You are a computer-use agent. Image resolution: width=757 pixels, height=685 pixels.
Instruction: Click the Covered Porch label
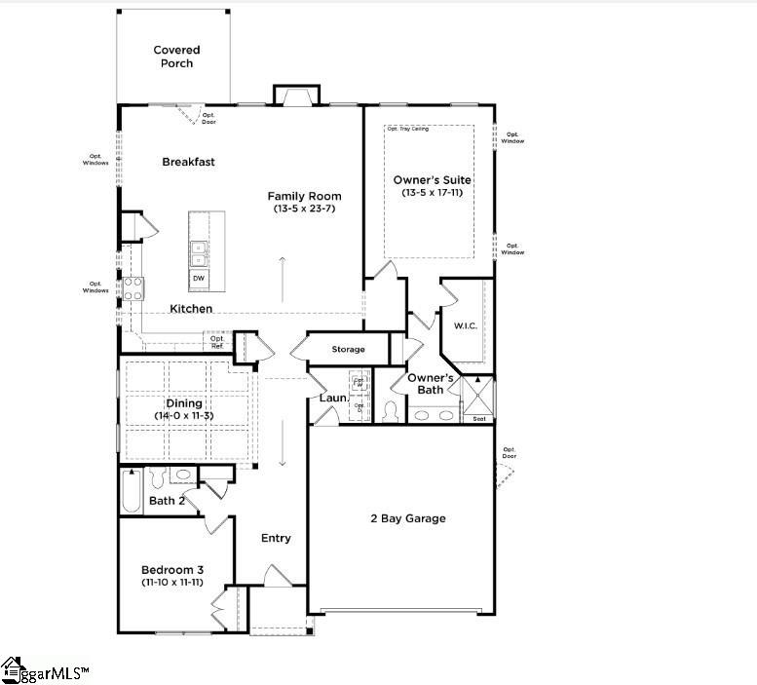tap(175, 57)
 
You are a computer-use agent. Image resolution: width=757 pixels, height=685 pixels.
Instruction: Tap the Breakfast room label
tap(188, 162)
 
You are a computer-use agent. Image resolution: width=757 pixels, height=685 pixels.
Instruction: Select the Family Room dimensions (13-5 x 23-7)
tap(304, 209)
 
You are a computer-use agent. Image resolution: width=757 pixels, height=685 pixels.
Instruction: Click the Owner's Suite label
tap(432, 180)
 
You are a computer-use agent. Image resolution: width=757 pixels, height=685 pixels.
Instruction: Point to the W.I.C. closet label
tap(464, 325)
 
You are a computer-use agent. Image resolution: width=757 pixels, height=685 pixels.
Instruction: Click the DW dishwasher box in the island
tap(199, 279)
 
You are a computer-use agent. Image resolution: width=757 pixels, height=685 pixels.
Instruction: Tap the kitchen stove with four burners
tap(132, 288)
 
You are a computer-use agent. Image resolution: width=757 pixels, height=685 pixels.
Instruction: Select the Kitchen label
tap(191, 309)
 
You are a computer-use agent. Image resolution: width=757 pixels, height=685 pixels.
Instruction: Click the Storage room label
tap(348, 349)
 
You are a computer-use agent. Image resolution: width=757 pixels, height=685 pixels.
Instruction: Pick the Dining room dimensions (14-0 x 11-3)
tap(183, 416)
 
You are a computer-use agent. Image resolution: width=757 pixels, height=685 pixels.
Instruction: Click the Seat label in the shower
tap(478, 419)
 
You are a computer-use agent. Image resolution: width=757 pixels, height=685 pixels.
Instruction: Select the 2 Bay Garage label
tap(407, 518)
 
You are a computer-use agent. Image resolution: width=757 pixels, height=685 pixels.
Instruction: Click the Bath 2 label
tap(167, 501)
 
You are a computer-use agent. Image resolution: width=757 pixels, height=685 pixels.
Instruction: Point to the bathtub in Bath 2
tap(131, 491)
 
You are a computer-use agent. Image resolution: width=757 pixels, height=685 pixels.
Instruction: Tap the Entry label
tap(276, 538)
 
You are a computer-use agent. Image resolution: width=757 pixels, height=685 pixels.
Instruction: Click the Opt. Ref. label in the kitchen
tap(217, 342)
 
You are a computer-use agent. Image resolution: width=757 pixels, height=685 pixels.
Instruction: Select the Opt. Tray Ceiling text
tap(407, 129)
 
